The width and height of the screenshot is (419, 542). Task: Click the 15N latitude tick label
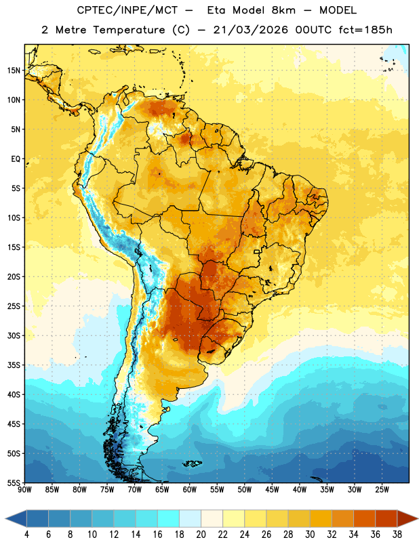14,70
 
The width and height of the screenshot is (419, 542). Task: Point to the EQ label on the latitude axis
16,159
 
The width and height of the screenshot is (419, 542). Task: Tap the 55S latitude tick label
14,483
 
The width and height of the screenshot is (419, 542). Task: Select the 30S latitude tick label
14,335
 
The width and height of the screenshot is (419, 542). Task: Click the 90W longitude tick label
24,490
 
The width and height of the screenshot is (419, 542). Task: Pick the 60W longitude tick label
190,490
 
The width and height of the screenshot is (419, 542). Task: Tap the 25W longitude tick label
382,490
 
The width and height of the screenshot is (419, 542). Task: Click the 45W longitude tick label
272,490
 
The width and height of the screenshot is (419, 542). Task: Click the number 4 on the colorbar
26,535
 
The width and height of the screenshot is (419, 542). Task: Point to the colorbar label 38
397,535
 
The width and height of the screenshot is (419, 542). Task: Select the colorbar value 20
201,535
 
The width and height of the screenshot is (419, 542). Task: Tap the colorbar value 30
310,535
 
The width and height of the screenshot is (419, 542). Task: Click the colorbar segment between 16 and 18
168,518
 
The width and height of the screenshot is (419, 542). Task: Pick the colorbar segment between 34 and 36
364,518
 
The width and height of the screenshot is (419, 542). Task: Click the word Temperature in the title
129,30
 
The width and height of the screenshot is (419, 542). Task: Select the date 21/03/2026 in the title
250,30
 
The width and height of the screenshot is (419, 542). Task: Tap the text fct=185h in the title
365,30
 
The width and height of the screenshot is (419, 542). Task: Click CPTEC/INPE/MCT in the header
127,10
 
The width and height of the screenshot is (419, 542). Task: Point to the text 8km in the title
283,10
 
